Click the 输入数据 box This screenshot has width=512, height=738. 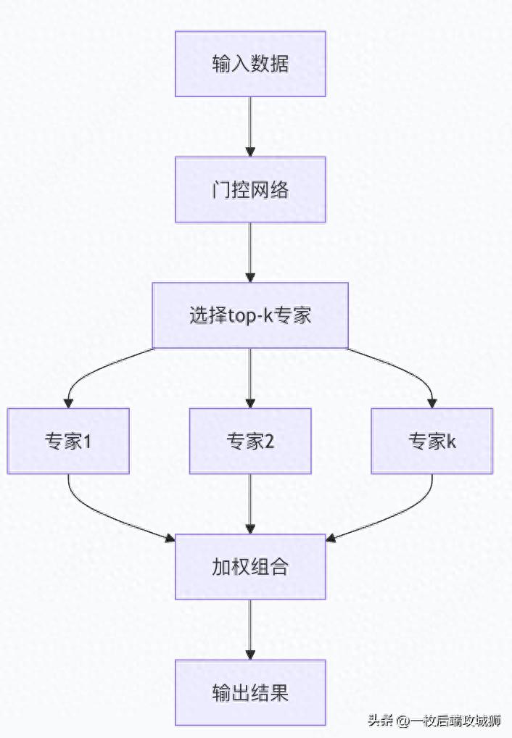250,64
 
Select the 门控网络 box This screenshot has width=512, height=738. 250,189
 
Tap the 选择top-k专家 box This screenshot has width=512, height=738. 250,315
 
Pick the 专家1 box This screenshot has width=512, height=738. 68,441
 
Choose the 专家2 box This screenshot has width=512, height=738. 250,441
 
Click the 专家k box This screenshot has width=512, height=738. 432,441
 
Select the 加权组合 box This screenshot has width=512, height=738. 250,567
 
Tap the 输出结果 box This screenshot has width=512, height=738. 250,692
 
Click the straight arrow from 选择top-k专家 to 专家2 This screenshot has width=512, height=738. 250,377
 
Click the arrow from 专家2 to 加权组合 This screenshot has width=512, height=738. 250,504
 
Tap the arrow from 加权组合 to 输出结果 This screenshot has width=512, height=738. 250,629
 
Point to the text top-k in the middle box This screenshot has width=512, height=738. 249,316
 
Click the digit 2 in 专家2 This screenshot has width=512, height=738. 269,441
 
